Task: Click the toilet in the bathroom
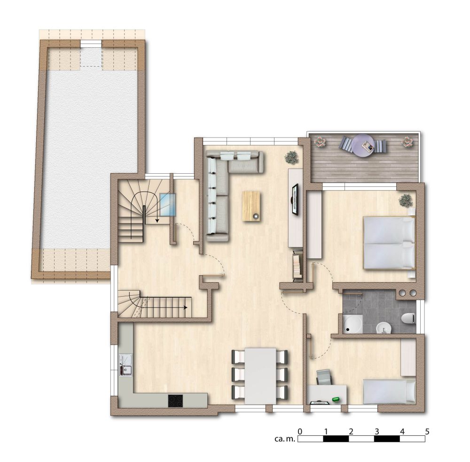point(409,318)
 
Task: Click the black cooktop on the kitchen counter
point(175,401)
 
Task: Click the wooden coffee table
point(251,206)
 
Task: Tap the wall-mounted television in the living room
point(296,199)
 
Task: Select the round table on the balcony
point(363,146)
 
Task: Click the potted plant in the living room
point(291,157)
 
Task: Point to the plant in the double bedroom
point(406,200)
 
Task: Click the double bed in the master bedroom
point(389,243)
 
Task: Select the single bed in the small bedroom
point(389,392)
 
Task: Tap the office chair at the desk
point(324,377)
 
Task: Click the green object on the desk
point(336,399)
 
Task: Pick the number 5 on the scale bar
point(427,431)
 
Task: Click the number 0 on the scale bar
point(300,431)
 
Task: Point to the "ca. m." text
point(285,439)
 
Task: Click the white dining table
point(260,376)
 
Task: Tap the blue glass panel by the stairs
point(168,205)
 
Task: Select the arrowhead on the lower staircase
point(186,308)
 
